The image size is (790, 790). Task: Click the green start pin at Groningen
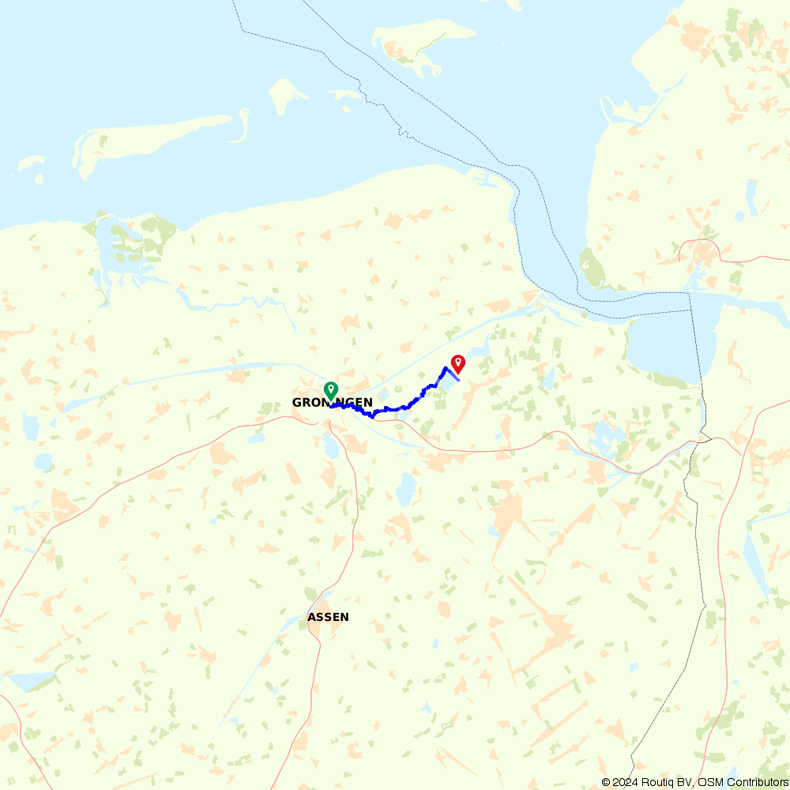[x=331, y=390]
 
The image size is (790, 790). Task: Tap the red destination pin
[x=457, y=363]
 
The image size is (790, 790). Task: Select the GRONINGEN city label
[x=332, y=403]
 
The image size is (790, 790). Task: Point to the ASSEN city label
[x=328, y=617]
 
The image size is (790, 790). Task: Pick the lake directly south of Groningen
[x=333, y=448]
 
